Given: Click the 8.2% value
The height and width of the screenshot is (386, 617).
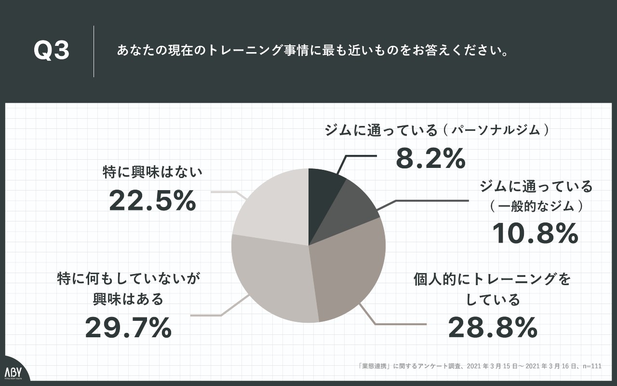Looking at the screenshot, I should click(x=430, y=158).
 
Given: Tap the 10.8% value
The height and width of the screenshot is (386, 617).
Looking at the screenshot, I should click(x=535, y=234).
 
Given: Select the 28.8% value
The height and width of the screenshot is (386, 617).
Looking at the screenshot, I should click(x=493, y=328).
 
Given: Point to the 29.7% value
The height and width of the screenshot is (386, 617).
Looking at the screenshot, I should click(x=128, y=328).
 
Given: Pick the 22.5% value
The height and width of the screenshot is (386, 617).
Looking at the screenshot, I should click(x=152, y=201).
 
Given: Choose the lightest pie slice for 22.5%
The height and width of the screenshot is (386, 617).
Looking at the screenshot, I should click(x=275, y=207).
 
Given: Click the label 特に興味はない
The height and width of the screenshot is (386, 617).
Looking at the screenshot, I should click(x=152, y=172).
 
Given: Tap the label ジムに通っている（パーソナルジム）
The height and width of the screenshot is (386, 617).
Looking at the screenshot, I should click(x=437, y=130).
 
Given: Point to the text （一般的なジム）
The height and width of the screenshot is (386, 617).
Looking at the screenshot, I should click(x=535, y=207).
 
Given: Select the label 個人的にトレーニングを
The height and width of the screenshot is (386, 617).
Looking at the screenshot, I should click(x=492, y=279).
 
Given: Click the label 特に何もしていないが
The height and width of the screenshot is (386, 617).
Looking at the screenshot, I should click(x=128, y=279).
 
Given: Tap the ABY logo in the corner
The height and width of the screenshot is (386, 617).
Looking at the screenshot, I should click(x=14, y=373).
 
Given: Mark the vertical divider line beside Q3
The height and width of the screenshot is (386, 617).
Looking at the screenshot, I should click(x=94, y=52).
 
